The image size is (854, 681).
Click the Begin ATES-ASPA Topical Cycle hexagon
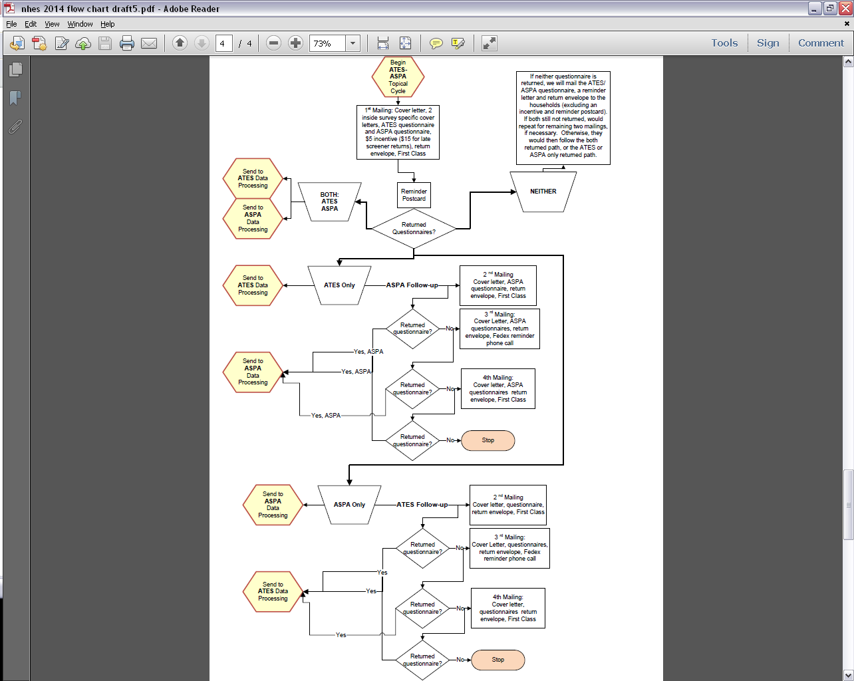398,76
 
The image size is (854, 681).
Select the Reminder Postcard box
414,195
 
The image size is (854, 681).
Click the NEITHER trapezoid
543,192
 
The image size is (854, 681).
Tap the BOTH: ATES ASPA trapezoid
330,202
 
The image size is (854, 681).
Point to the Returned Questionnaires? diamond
414,229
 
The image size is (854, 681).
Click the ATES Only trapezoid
339,285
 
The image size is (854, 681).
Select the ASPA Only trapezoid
349,505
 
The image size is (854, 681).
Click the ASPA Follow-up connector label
412,285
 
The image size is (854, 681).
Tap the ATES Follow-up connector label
422,505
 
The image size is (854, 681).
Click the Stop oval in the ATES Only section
488,440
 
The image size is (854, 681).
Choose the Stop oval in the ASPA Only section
498,660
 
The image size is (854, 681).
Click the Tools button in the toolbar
724,43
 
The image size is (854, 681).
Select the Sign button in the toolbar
768,43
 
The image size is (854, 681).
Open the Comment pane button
821,43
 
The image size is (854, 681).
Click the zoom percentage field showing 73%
327,43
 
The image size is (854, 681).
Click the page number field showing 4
223,43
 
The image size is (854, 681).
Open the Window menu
80,24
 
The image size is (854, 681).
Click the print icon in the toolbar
127,43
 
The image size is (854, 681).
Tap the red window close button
845,9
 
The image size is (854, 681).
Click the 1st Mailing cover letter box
398,132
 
